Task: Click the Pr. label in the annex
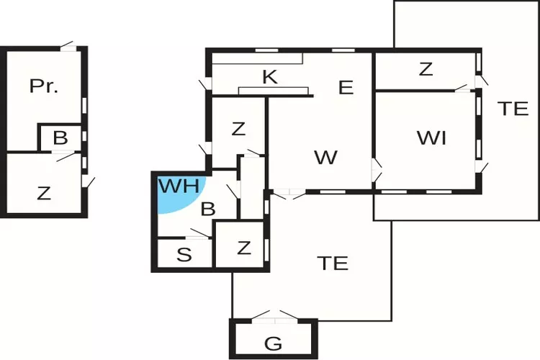click(x=44, y=86)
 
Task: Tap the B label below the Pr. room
click(x=60, y=138)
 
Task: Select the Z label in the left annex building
click(x=44, y=193)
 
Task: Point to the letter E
click(x=346, y=88)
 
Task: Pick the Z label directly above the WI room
click(x=426, y=70)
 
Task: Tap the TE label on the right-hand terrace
click(x=513, y=109)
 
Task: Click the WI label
click(x=431, y=138)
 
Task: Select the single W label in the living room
click(x=325, y=158)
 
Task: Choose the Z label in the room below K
click(x=238, y=130)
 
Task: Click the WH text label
click(x=179, y=186)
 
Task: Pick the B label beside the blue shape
click(x=207, y=210)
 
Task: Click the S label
click(x=184, y=254)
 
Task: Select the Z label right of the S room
click(x=244, y=248)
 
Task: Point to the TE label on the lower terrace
click(x=333, y=263)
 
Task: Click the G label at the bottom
click(x=273, y=343)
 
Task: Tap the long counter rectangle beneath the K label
click(x=274, y=91)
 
